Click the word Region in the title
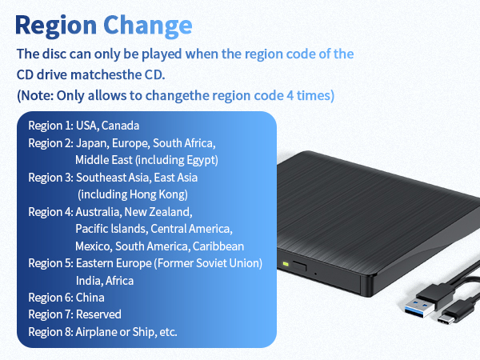coord(55,24)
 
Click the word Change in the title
coord(147,24)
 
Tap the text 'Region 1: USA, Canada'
coord(83,126)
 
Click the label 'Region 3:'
coord(50,177)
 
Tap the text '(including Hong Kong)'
coord(132,194)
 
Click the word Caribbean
coord(218,246)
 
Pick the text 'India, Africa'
coord(104,280)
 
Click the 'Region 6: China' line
coord(67,298)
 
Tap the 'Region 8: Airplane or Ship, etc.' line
coord(102,331)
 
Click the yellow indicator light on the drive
coord(285,265)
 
